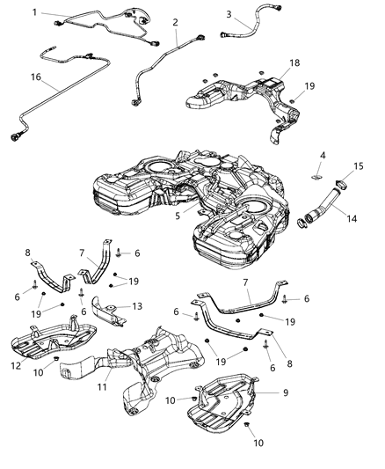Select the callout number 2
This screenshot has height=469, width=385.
(x=175, y=22)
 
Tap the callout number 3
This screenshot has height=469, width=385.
(x=229, y=14)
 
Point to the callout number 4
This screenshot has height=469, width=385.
(x=322, y=155)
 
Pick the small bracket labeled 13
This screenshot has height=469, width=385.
(x=108, y=311)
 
